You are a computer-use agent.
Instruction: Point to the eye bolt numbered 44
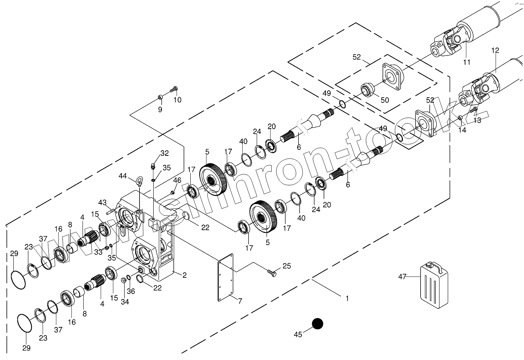coord(140,182)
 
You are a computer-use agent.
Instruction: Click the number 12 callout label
coord(495,50)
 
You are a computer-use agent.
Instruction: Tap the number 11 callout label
coord(467,62)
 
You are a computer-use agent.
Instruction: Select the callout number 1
coord(347,299)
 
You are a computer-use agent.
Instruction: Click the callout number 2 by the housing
coord(184,275)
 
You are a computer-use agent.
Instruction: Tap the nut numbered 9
coord(160,97)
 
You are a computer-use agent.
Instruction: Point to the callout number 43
coord(103,203)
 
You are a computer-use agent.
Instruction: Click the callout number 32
coord(164,153)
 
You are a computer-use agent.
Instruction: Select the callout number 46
coord(177,180)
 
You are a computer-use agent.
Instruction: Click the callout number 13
coord(477,120)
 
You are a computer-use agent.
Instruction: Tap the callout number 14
coord(462,130)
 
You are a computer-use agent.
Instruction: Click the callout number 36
coord(131,292)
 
